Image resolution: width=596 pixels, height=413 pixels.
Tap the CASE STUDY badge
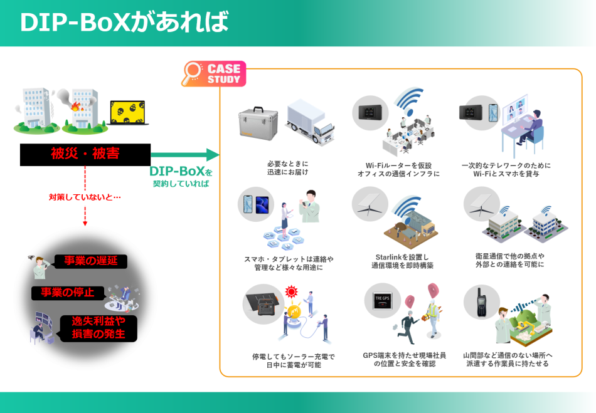[x=224, y=74]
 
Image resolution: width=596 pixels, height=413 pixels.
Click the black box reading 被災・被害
[x=85, y=154]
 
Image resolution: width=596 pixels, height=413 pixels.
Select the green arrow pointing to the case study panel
[x=185, y=155]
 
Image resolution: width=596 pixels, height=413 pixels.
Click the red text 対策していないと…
[x=85, y=197]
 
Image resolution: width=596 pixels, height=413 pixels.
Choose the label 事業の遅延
[x=91, y=261]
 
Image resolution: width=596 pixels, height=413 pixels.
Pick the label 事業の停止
[x=68, y=293]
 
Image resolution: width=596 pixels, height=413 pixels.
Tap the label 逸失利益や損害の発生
[x=98, y=328]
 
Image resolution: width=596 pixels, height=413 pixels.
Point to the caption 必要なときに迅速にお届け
[x=287, y=168]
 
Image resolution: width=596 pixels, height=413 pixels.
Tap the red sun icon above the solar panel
[x=290, y=291]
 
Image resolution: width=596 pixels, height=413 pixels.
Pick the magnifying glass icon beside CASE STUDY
[x=192, y=74]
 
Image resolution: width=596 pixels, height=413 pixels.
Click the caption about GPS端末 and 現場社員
[x=404, y=359]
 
